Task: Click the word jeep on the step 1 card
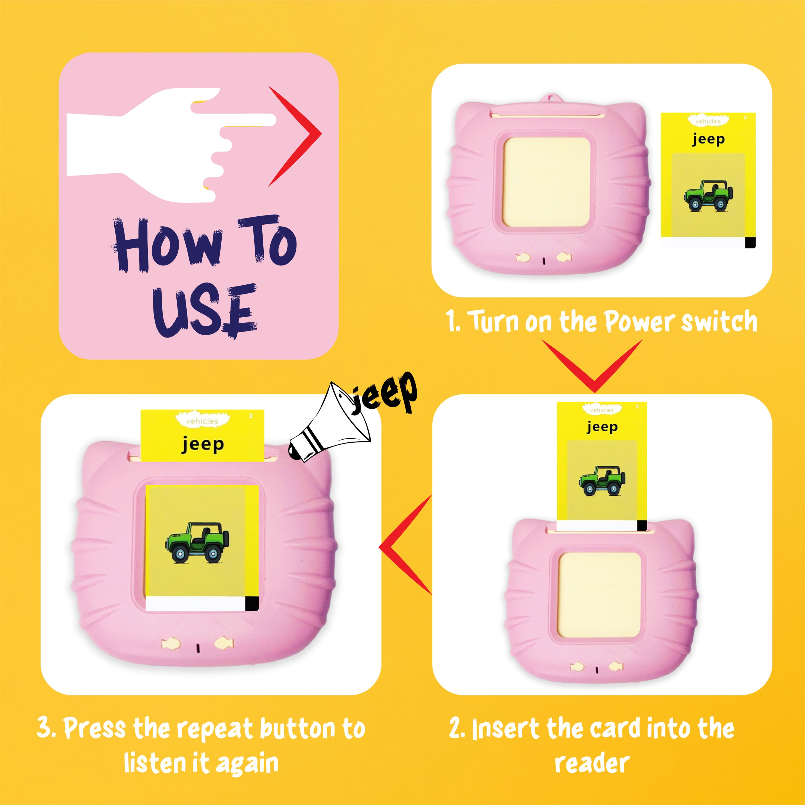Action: (x=708, y=139)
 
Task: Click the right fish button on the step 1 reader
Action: (x=563, y=257)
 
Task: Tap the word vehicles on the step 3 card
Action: (x=202, y=421)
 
